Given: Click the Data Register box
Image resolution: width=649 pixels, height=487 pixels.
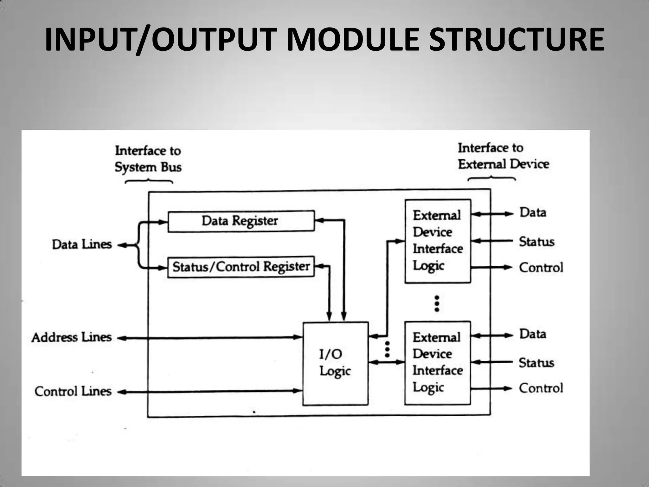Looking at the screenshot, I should click(x=241, y=221).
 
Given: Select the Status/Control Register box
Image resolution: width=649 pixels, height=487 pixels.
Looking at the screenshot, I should click(x=241, y=267).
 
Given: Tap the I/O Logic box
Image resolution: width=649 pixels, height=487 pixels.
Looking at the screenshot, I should click(x=335, y=363).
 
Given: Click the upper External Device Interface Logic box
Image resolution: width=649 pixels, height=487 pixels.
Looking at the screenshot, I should click(x=438, y=241).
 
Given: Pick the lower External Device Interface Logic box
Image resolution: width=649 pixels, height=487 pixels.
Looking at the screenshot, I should click(x=437, y=363).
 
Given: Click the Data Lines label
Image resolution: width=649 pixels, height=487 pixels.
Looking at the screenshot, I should click(x=82, y=244).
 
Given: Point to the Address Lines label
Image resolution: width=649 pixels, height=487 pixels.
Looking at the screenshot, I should click(x=72, y=337).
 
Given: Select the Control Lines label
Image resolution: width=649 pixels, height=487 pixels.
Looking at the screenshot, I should click(x=73, y=392).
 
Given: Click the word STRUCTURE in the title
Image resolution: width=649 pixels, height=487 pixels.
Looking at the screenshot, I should click(x=517, y=40).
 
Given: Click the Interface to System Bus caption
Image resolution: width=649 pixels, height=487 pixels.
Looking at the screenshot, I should click(x=148, y=159).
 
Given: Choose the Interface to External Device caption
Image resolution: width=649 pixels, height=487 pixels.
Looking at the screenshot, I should click(x=503, y=156).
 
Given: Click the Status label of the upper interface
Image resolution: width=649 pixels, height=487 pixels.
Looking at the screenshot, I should click(x=537, y=242).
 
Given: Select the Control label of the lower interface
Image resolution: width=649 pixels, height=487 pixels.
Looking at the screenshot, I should click(x=541, y=388).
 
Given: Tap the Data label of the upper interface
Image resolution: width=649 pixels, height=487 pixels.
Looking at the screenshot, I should click(x=533, y=212).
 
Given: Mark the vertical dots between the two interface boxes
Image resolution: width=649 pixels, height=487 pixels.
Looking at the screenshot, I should click(x=437, y=304).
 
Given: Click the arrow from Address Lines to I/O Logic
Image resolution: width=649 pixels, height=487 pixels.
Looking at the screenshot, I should click(x=209, y=338).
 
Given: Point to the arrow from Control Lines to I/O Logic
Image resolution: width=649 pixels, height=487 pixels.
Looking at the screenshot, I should click(x=209, y=392).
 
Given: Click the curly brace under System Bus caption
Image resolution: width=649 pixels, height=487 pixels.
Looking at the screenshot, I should click(x=149, y=182).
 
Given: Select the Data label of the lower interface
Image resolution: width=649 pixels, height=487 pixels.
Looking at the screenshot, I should click(x=532, y=334).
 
